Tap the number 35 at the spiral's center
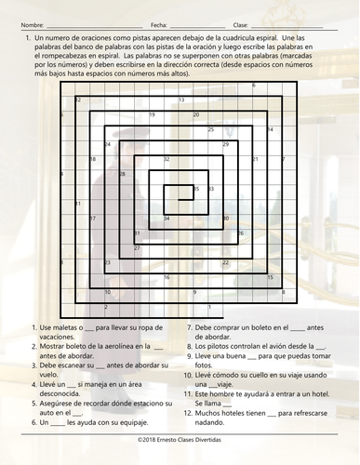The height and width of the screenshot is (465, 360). [x=196, y=189]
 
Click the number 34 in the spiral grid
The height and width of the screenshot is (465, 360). [x=167, y=219]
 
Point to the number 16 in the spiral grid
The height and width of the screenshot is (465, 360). [x=167, y=277]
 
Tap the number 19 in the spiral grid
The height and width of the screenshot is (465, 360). [x=152, y=115]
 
